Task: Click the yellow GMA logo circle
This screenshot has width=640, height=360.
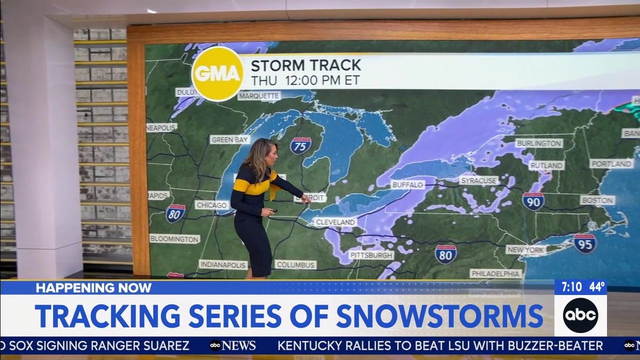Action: point(217,74)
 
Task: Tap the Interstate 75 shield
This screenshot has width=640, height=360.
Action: point(300,145)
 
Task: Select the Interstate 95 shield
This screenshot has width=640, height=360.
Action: point(584,243)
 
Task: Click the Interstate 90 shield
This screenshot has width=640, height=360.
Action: point(533,201)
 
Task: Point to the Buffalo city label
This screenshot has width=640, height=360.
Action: point(407,185)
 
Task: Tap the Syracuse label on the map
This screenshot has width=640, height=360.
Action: point(478,180)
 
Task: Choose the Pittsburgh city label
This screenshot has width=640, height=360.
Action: point(371,255)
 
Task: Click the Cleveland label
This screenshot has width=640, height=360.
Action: point(335,222)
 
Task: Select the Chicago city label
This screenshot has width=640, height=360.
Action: point(212,205)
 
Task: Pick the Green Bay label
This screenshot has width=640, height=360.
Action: point(230,139)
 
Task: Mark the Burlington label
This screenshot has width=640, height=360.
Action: point(539,143)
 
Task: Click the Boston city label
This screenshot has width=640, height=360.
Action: point(597,200)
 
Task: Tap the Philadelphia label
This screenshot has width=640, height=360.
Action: point(495,273)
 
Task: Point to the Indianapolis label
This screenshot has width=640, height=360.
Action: point(223,264)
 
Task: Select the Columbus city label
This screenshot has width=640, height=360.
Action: point(295,264)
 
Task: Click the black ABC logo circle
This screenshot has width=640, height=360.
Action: point(580,315)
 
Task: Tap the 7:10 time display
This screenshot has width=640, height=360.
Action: point(571,287)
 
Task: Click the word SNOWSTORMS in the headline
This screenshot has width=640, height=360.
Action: point(439,315)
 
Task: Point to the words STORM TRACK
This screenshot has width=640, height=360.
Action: point(305,65)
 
